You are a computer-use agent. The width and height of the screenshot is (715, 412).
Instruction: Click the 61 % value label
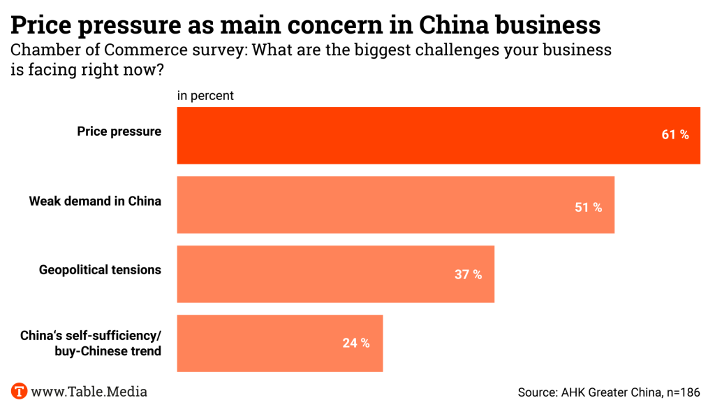pyautogui.click(x=675, y=135)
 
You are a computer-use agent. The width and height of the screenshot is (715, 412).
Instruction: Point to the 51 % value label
pyautogui.click(x=588, y=208)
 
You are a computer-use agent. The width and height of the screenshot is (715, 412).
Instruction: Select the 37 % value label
pyautogui.click(x=468, y=275)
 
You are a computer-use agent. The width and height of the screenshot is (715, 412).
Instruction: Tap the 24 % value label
pyautogui.click(x=356, y=343)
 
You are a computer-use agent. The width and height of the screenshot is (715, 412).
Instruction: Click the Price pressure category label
pyautogui.click(x=119, y=132)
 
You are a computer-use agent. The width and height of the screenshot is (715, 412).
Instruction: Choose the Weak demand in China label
pyautogui.click(x=95, y=201)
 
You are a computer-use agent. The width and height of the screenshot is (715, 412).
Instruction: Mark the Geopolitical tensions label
pyautogui.click(x=100, y=270)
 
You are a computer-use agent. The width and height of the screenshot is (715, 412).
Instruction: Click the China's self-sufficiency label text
pyautogui.click(x=91, y=336)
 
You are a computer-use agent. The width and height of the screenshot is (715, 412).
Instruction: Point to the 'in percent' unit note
pyautogui.click(x=205, y=96)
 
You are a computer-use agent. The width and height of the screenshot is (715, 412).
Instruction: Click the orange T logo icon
pyautogui.click(x=20, y=391)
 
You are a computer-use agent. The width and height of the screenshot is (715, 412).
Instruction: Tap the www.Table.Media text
pyautogui.click(x=89, y=391)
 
